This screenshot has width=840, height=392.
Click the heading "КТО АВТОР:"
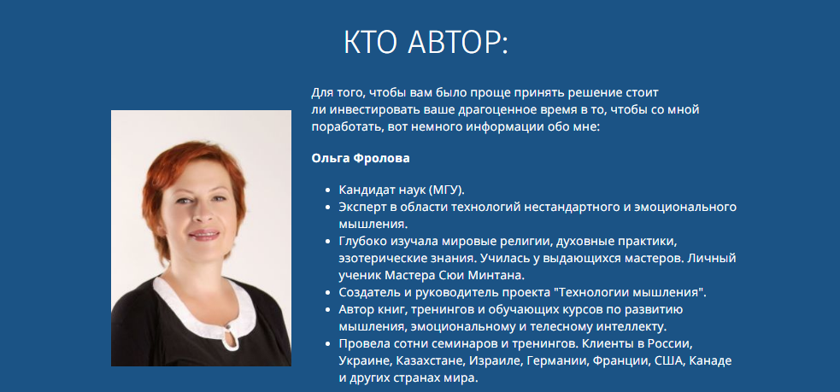click(426, 43)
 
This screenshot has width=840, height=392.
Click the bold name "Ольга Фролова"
click(361, 159)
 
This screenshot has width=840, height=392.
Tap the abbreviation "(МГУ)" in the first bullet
click(446, 190)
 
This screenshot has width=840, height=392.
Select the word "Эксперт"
click(360, 208)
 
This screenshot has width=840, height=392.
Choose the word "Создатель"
click(366, 293)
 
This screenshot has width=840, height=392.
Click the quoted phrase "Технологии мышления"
click(631, 293)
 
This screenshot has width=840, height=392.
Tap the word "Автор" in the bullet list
click(355, 310)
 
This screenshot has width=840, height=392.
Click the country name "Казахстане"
click(429, 361)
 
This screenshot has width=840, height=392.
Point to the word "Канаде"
click(710, 361)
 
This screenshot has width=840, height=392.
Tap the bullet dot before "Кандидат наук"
click(328, 190)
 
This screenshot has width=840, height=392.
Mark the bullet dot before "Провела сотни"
click(328, 344)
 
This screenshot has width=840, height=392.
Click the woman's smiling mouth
click(203, 235)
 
